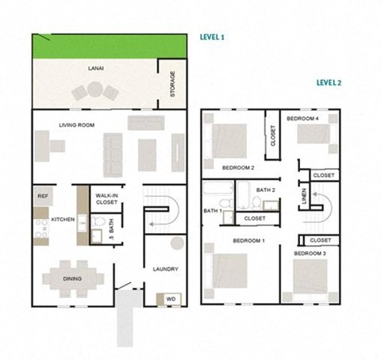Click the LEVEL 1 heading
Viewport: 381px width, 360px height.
click(212, 36)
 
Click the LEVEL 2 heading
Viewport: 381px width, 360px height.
click(328, 82)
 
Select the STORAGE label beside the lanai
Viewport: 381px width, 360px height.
click(173, 86)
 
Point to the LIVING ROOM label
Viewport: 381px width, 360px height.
click(77, 124)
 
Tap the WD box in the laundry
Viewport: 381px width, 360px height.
click(171, 299)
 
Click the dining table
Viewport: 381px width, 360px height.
click(72, 278)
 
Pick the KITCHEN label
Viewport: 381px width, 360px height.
click(63, 219)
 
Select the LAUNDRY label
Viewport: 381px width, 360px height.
click(165, 270)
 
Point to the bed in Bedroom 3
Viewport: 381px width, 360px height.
click(310, 277)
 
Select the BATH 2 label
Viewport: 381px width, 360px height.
click(265, 190)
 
